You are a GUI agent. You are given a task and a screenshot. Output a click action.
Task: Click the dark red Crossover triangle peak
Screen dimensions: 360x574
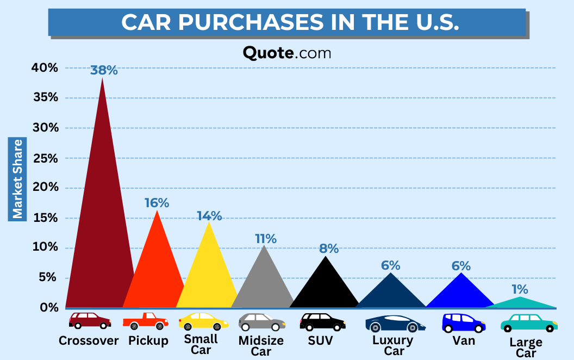tap(102, 82)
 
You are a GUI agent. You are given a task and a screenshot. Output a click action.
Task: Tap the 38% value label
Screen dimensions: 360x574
tap(104, 70)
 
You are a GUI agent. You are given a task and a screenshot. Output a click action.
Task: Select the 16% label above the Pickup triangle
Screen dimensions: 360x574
tap(157, 203)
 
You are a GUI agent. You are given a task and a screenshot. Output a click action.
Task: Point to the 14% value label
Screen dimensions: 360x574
tap(209, 215)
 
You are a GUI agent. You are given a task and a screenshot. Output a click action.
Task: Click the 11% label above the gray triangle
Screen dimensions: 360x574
tap(266, 238)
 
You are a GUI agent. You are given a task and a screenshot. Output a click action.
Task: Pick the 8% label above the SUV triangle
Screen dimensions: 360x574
tap(329, 249)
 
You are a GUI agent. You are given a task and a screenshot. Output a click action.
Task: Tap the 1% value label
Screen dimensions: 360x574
tap(519, 289)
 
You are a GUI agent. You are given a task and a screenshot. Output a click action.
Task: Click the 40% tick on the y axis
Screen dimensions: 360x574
tap(45, 68)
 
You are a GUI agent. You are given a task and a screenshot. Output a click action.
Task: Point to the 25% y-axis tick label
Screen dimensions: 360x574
tap(45, 158)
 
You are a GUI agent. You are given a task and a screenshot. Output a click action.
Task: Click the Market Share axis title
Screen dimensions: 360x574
tap(18, 179)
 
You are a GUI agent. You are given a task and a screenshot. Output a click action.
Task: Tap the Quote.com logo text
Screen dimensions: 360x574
tap(287, 53)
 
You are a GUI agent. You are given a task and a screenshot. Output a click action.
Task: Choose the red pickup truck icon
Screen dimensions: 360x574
tap(145, 321)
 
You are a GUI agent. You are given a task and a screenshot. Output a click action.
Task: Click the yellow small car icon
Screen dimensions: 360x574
tap(203, 321)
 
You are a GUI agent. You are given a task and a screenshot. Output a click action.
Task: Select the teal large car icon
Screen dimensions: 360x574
tap(529, 322)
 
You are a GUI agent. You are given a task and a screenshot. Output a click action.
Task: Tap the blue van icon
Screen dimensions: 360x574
tap(463, 322)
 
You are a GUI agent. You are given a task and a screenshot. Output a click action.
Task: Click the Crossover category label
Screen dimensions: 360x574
tap(89, 341)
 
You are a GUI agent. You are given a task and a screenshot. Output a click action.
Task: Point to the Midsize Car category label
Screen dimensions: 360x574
tap(261, 346)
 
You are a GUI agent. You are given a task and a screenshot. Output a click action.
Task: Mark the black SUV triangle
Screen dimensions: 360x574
tap(325, 288)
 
